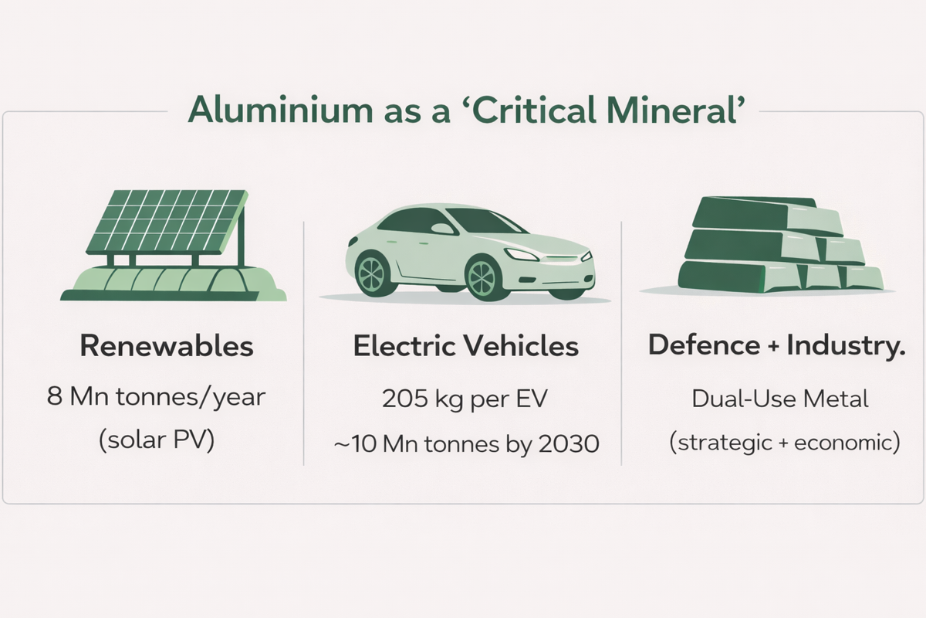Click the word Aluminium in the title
pyautogui.click(x=280, y=110)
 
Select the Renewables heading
pyautogui.click(x=167, y=345)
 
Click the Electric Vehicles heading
pyautogui.click(x=466, y=345)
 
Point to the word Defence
pyautogui.click(x=704, y=345)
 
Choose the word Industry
pyautogui.click(x=846, y=345)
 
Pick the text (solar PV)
pyautogui.click(x=157, y=440)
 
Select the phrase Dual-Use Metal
pyautogui.click(x=779, y=399)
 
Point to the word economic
pyautogui.click(x=843, y=443)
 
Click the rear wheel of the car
pyautogui.click(x=373, y=274)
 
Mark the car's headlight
pyautogui.click(x=521, y=255)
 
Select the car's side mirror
pyautogui.click(x=442, y=229)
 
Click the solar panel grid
pyautogui.click(x=167, y=222)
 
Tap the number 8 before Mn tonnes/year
pyautogui.click(x=55, y=396)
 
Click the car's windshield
pyautogui.click(x=485, y=222)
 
